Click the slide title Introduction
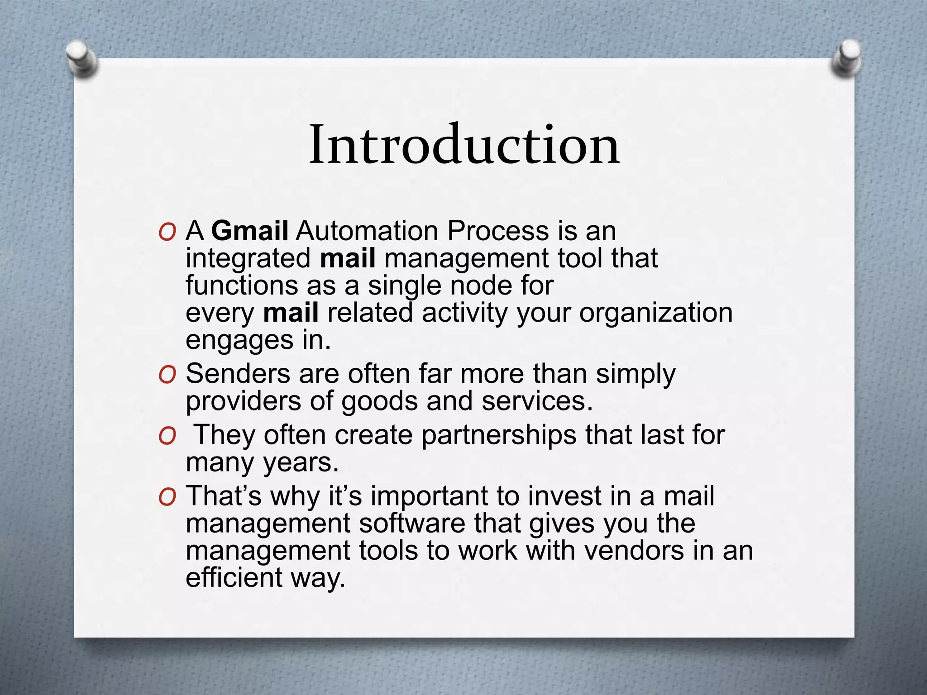[464, 145]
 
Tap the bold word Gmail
[249, 231]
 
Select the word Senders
[238, 374]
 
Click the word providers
[243, 401]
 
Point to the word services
[537, 401]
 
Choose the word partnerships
[498, 435]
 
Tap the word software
[412, 524]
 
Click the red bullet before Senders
[167, 375]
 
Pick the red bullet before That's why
[167, 497]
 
